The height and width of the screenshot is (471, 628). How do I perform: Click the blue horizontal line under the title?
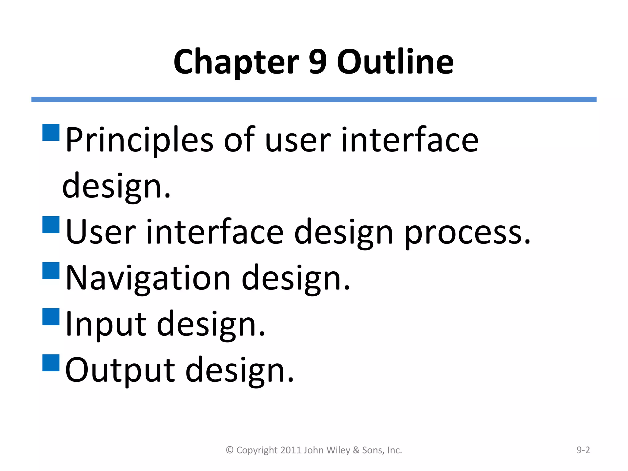coord(314,99)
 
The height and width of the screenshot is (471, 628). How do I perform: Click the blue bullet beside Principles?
coord(51,132)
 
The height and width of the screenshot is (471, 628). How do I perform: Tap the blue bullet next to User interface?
coord(51,225)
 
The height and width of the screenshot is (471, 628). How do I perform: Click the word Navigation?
coord(148,278)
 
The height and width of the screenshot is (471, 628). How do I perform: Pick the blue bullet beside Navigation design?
coord(51,270)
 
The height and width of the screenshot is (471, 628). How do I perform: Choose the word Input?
coord(106,324)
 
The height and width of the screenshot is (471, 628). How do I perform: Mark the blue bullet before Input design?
coord(51,317)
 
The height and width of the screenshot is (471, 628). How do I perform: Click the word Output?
coord(120,370)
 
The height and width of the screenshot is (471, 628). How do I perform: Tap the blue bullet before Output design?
coord(51,363)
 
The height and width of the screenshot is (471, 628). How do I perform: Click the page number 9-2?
coord(583,450)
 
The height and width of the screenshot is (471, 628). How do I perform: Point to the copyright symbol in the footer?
coord(230,450)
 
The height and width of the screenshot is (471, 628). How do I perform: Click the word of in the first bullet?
coord(239,140)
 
